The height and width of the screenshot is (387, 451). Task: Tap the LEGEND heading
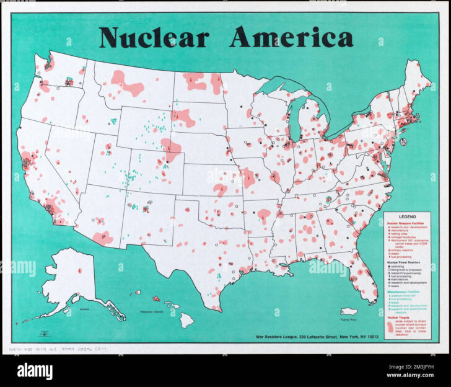(398, 216)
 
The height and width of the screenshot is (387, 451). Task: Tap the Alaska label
(85, 308)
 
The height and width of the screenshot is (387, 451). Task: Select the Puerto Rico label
(349, 319)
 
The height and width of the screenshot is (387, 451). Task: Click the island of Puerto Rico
(349, 311)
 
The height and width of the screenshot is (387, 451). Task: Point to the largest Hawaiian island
(186, 320)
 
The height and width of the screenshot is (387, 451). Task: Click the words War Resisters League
(278, 337)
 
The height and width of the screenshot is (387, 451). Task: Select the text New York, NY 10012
(359, 337)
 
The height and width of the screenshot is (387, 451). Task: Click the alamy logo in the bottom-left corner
(34, 371)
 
